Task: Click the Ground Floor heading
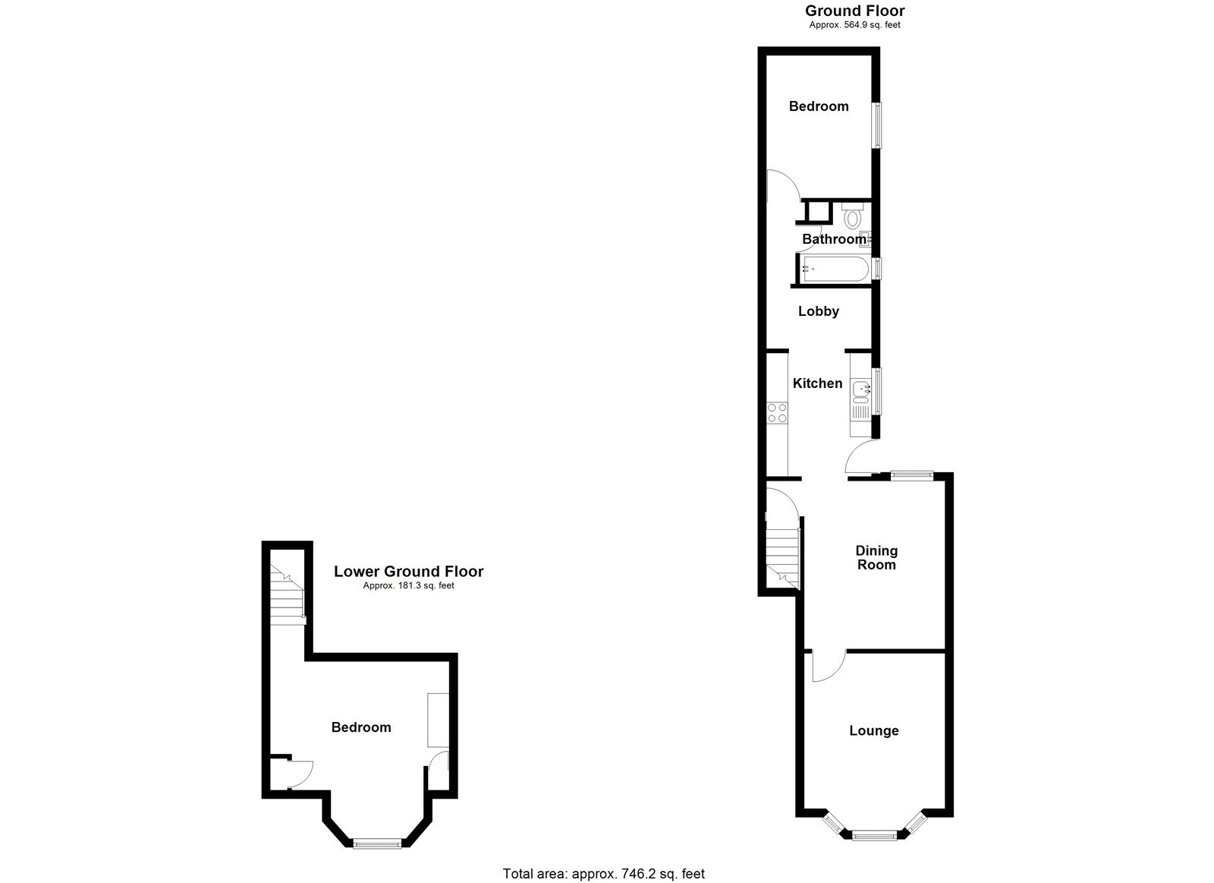coord(854,11)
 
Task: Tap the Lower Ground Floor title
coord(408,572)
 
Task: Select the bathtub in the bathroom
coord(833,269)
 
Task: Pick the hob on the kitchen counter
coord(777,413)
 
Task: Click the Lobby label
coord(819,311)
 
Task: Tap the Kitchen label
coord(817,383)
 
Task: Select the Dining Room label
coord(876,558)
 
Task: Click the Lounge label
coord(874,730)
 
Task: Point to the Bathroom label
coord(834,239)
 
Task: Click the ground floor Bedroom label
coord(819,106)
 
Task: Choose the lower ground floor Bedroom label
coord(361,727)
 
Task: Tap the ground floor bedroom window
coord(879,125)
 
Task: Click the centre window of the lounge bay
coord(874,835)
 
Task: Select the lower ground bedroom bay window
coord(378,843)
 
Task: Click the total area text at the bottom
coord(604,874)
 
